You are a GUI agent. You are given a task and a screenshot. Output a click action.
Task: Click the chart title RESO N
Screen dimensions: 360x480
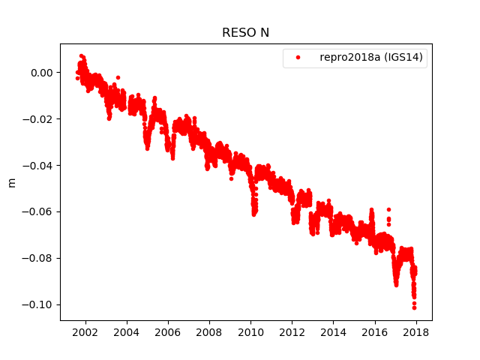pyautogui.click(x=245, y=33)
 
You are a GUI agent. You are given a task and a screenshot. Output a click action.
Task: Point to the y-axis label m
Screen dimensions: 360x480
pyautogui.click(x=11, y=182)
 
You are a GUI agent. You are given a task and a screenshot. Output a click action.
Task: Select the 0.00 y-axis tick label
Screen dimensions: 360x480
pyautogui.click(x=42, y=73)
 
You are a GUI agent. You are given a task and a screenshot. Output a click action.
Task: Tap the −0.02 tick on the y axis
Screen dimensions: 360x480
pyautogui.click(x=39, y=119)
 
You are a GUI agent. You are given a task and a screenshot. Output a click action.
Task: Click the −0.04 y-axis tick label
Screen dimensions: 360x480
pyautogui.click(x=39, y=166)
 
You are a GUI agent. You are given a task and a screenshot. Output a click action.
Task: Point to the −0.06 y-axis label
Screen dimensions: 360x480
pyautogui.click(x=39, y=212)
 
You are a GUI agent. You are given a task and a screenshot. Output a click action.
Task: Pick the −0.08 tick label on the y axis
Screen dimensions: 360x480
pyautogui.click(x=39, y=259)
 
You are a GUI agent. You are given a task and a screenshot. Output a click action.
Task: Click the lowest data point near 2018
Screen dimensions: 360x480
pyautogui.click(x=414, y=307)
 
